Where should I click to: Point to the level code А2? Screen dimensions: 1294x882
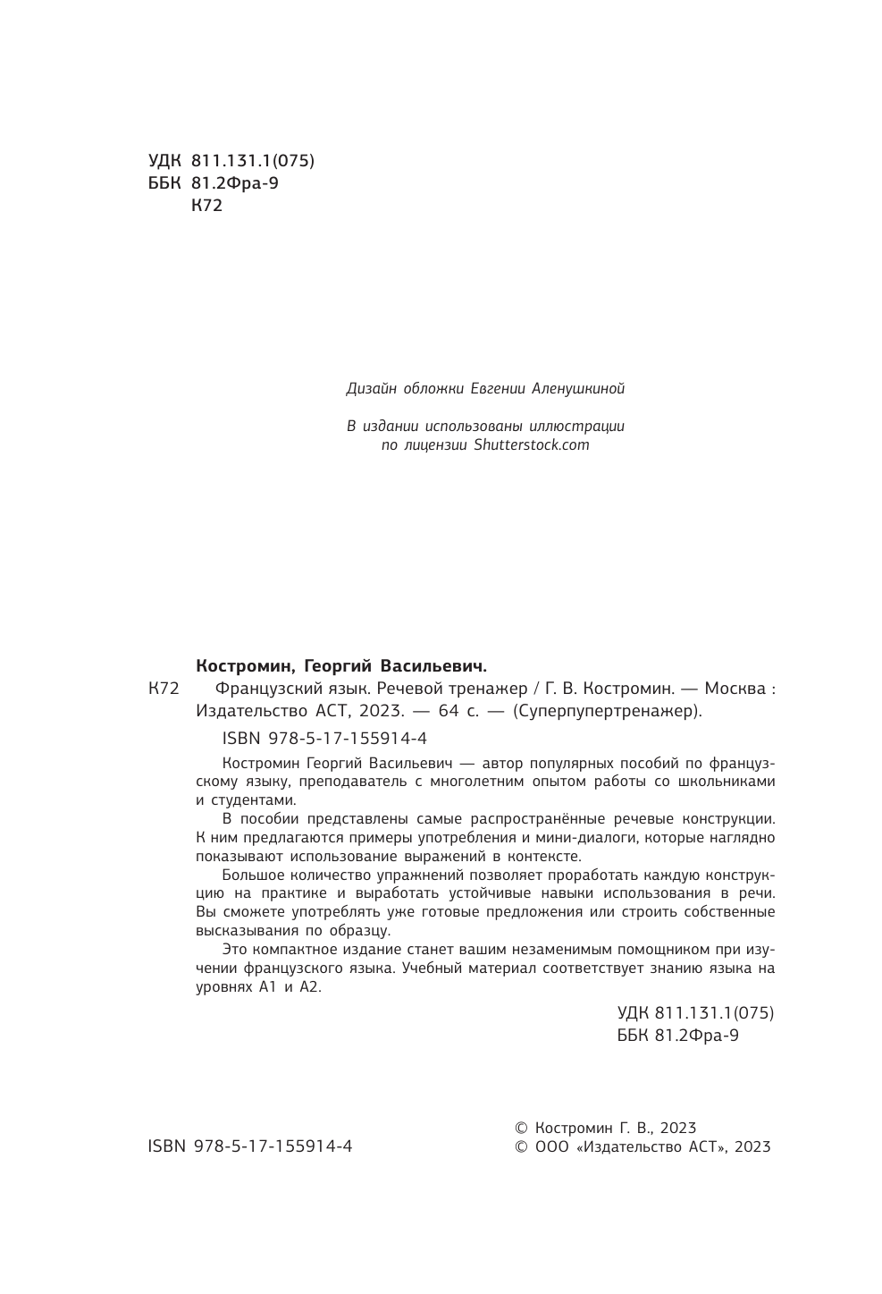point(308,988)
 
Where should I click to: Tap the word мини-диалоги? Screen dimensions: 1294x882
point(546,838)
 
